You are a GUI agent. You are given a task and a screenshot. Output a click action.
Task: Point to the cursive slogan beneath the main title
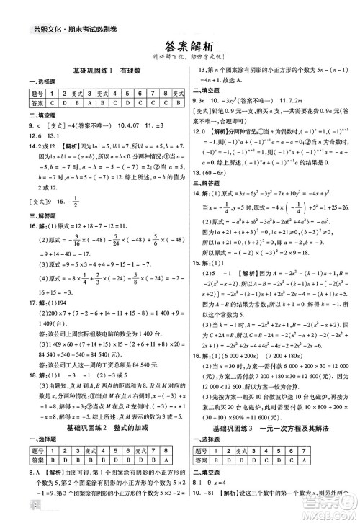click(180, 58)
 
